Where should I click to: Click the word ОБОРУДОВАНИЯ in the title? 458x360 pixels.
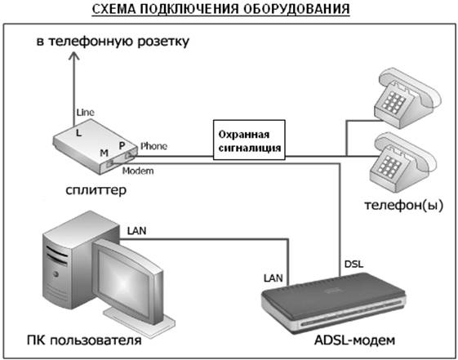pyautogui.click(x=296, y=9)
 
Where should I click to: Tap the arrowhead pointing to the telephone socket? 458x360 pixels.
pyautogui.click(x=74, y=56)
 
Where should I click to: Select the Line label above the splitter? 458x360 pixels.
pyautogui.click(x=85, y=113)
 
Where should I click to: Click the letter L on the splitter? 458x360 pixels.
pyautogui.click(x=78, y=133)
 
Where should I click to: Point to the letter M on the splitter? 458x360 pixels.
pyautogui.click(x=104, y=153)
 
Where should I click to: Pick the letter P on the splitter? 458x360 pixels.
pyautogui.click(x=122, y=145)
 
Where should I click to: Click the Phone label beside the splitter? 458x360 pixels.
pyautogui.click(x=153, y=146)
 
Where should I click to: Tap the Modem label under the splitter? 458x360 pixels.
pyautogui.click(x=138, y=171)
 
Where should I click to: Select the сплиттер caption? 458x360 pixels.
pyautogui.click(x=96, y=190)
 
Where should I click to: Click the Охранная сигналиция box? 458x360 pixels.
pyautogui.click(x=249, y=140)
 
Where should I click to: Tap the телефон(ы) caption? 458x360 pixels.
pyautogui.click(x=404, y=205)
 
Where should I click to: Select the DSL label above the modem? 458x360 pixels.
pyautogui.click(x=354, y=264)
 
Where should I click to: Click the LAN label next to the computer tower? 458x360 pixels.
pyautogui.click(x=136, y=231)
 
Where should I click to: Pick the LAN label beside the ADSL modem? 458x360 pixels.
pyautogui.click(x=273, y=278)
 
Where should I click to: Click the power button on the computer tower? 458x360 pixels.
pyautogui.click(x=55, y=273)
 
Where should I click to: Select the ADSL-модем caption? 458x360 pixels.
pyautogui.click(x=354, y=340)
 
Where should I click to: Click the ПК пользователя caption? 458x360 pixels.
pyautogui.click(x=84, y=340)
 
